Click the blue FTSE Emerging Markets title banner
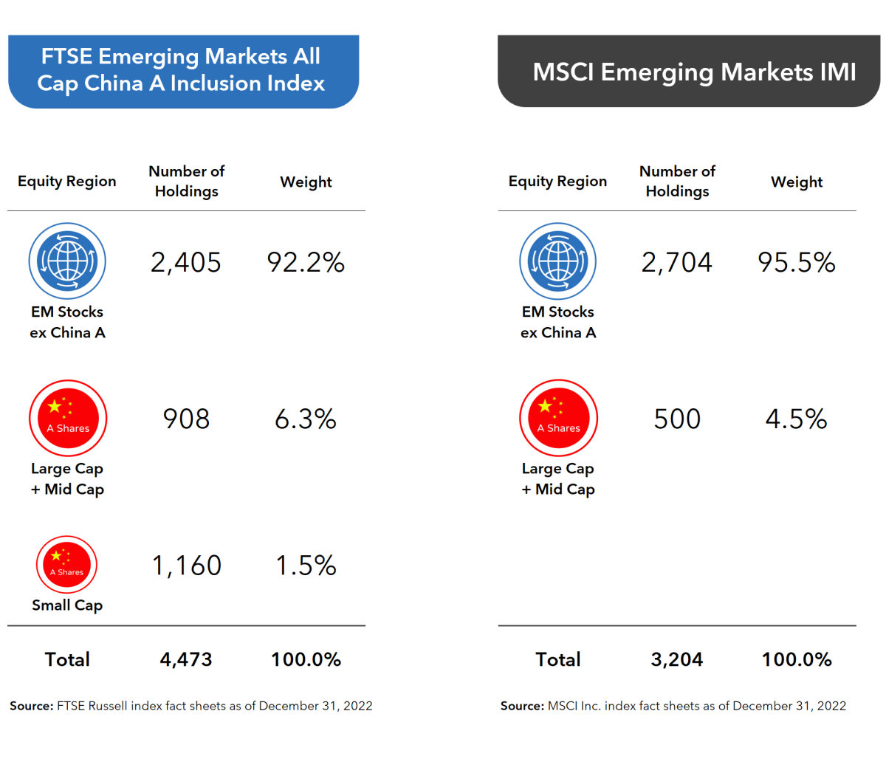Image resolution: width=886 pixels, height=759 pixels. coord(182,71)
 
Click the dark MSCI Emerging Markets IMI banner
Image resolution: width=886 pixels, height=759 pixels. coord(689,72)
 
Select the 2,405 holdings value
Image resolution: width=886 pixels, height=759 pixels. coord(186,263)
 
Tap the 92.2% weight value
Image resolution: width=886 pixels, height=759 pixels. coord(306,263)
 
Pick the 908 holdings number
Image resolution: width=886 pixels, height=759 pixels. coord(186,419)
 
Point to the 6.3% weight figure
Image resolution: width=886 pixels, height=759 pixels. coord(306,419)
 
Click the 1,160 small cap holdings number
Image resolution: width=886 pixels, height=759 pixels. coord(186,566)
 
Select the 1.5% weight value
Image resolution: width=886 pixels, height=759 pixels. coord(306,566)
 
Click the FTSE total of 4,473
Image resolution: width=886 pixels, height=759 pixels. coord(186,659)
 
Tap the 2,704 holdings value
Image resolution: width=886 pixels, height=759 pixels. coord(677,263)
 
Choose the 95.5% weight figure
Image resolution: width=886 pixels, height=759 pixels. coord(797,263)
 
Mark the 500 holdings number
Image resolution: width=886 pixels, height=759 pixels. coord(677,419)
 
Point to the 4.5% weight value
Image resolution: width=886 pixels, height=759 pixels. coord(797,419)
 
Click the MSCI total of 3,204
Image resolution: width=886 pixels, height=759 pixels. coord(677,659)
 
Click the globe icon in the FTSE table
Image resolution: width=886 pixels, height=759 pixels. coord(67,261)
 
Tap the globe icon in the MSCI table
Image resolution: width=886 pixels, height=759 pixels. coord(558,261)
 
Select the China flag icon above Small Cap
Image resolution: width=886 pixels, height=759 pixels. coord(67,565)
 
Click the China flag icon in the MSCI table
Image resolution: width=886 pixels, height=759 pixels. coord(558,418)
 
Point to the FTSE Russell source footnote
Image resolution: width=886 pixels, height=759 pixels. coord(191,706)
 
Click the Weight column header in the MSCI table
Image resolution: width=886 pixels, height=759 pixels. coord(797,182)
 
